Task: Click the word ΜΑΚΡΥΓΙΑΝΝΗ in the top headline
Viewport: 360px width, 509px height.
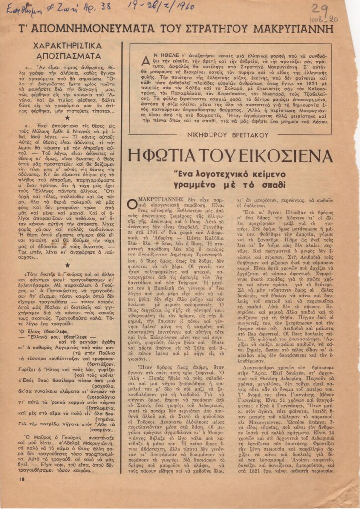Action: (x=300, y=28)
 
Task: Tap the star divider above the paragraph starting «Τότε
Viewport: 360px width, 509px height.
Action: (x=67, y=264)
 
